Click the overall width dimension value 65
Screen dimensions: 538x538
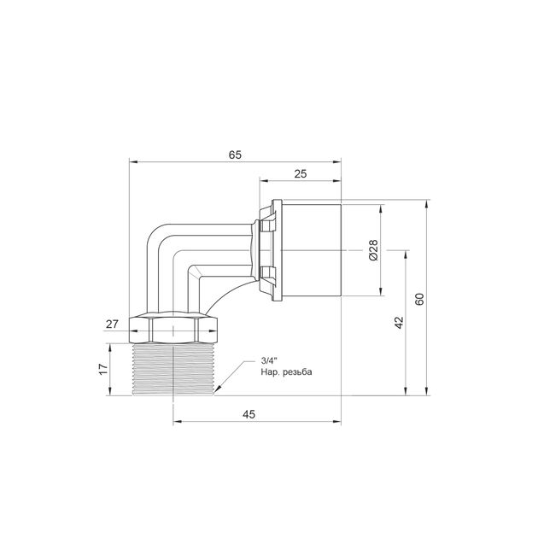[235, 155]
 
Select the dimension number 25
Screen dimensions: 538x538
[301, 174]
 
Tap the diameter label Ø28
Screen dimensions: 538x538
[373, 250]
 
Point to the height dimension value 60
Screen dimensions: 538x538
[419, 299]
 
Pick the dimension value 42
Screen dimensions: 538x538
[400, 323]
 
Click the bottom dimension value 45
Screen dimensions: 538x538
[249, 414]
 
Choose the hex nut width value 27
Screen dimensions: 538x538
[112, 324]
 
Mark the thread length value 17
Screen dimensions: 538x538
[103, 369]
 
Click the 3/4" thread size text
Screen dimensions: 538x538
[269, 360]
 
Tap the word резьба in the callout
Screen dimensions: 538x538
[298, 372]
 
